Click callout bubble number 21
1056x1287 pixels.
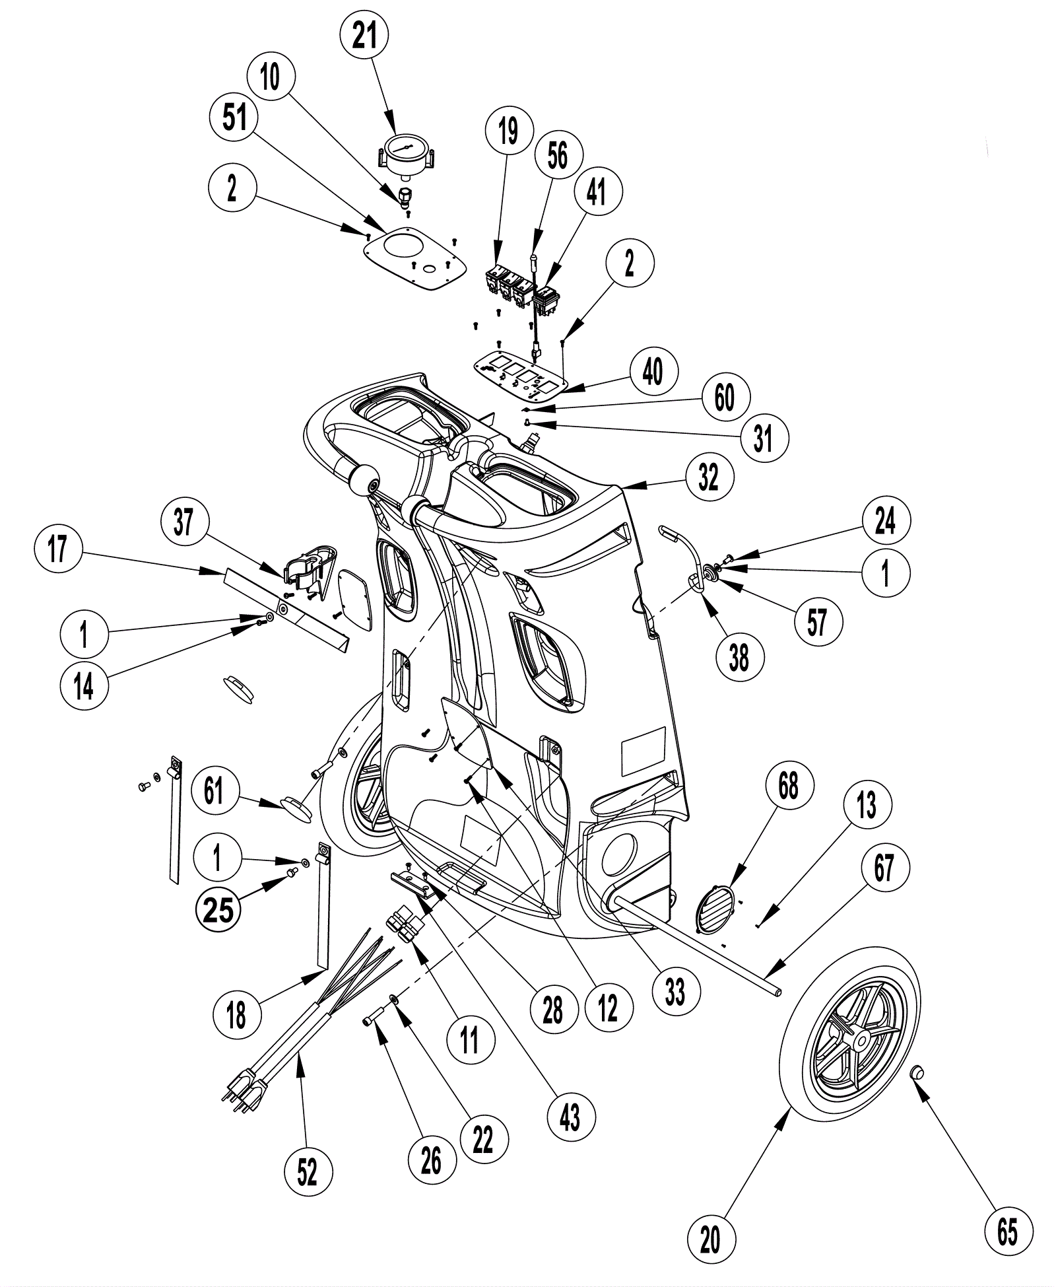pyautogui.click(x=364, y=36)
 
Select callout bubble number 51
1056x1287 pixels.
pyautogui.click(x=234, y=118)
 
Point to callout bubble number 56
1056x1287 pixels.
pyautogui.click(x=558, y=156)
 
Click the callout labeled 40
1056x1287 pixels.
pyautogui.click(x=652, y=372)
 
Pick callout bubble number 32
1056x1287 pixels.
pyautogui.click(x=708, y=476)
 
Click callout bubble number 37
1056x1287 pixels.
pyautogui.click(x=184, y=521)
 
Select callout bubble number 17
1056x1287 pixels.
pyautogui.click(x=58, y=547)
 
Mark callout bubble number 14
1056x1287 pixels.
pyautogui.click(x=84, y=686)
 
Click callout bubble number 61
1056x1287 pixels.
pyautogui.click(x=214, y=790)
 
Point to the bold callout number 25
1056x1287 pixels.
pyautogui.click(x=218, y=911)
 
